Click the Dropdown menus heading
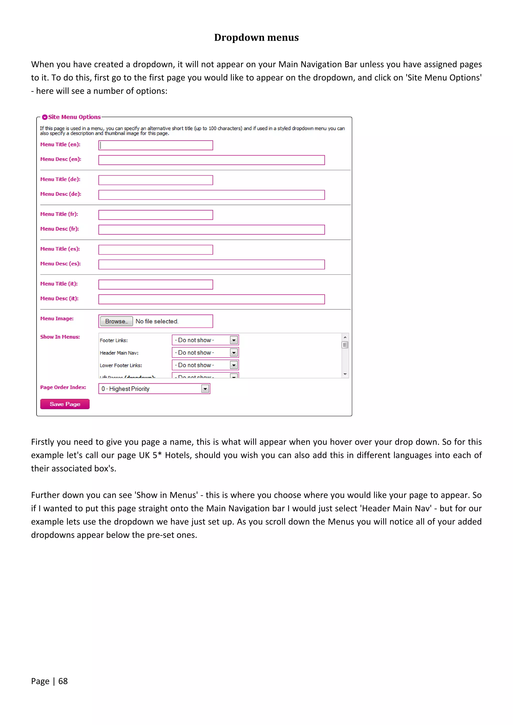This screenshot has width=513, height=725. [x=256, y=37]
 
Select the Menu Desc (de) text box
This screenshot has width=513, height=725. [x=211, y=195]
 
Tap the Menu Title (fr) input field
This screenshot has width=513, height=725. [x=156, y=215]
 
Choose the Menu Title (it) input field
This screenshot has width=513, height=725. [x=156, y=285]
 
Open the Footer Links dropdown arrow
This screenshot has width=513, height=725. [x=234, y=340]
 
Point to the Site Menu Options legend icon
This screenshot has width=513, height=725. [x=45, y=117]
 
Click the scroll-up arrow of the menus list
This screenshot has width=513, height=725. [x=345, y=337]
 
